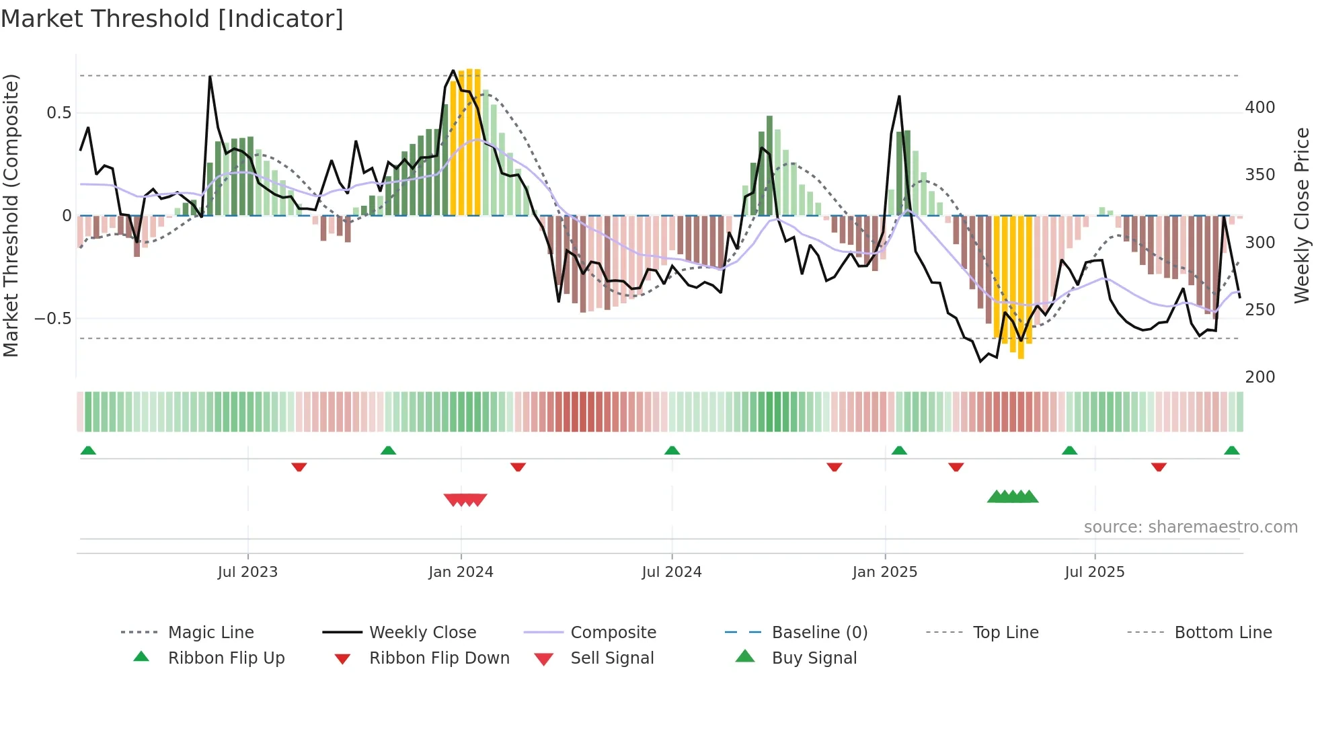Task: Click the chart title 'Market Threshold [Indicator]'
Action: click(x=172, y=19)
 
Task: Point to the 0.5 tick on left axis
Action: click(x=59, y=113)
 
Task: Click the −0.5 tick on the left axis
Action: click(x=53, y=319)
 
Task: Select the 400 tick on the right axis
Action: click(x=1260, y=108)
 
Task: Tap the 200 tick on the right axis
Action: click(x=1260, y=377)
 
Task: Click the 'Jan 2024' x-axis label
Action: click(x=461, y=572)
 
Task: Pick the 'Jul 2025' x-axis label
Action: click(x=1094, y=572)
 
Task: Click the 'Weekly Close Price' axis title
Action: click(x=1302, y=215)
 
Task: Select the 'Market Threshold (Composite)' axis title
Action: click(x=11, y=215)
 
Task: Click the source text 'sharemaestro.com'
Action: click(x=1190, y=527)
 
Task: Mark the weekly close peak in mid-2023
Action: click(x=210, y=77)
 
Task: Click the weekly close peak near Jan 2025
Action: click(x=899, y=97)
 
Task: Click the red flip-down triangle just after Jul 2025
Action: click(x=1158, y=467)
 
